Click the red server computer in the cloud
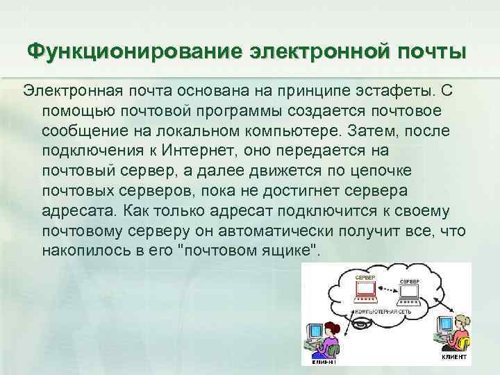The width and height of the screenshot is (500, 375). pos(365,292)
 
